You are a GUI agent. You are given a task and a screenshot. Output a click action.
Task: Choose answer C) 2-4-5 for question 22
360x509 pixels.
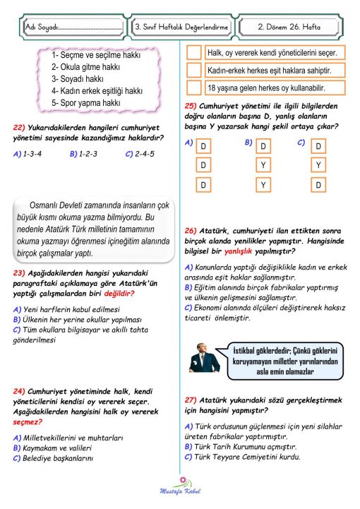[x=139, y=152]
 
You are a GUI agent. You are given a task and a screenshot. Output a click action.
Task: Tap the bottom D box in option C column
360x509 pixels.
[x=318, y=185]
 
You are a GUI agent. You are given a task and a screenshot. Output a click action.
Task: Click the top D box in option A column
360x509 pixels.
[x=203, y=146]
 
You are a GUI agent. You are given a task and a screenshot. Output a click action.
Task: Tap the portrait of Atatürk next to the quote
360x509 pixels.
[x=205, y=357]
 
